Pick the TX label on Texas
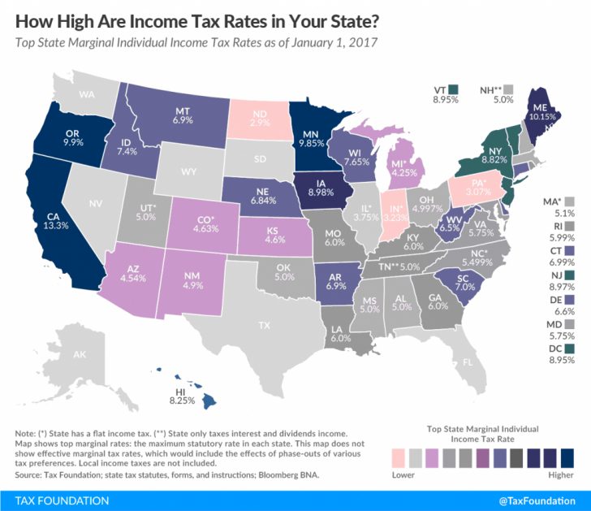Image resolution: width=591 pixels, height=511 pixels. tap(264, 325)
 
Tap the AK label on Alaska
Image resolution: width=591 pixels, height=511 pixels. tap(80, 355)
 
